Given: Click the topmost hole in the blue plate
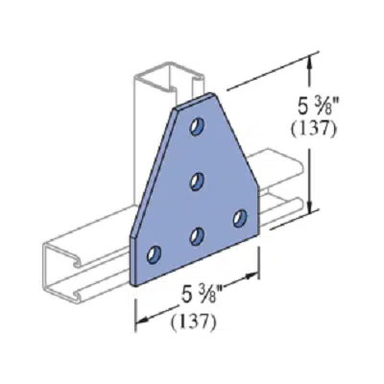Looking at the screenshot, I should (198, 126).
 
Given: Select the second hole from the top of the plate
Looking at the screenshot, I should (198, 180).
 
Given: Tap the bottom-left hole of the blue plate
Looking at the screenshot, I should (154, 254).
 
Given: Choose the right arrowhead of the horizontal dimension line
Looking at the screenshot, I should (257, 277).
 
